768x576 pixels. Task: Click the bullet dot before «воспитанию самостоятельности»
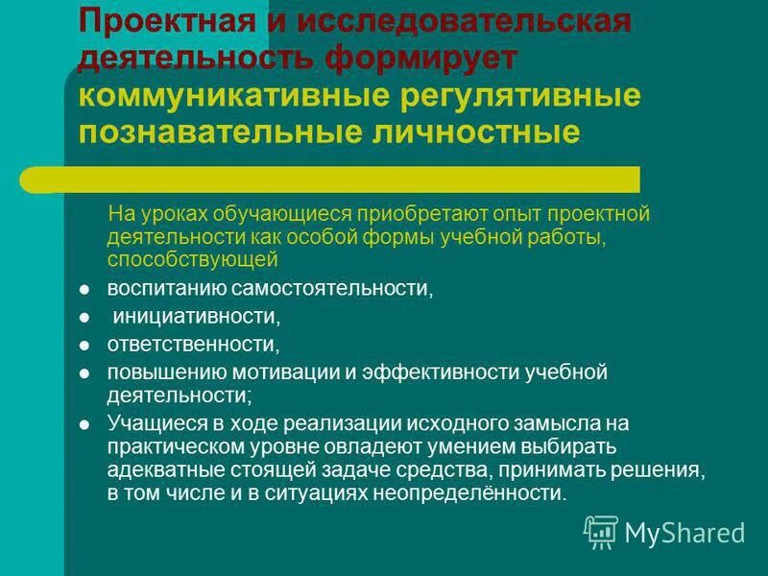point(84,289)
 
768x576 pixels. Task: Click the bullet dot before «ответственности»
point(84,343)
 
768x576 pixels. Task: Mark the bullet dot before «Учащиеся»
point(84,423)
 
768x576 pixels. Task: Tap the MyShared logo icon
point(601,531)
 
